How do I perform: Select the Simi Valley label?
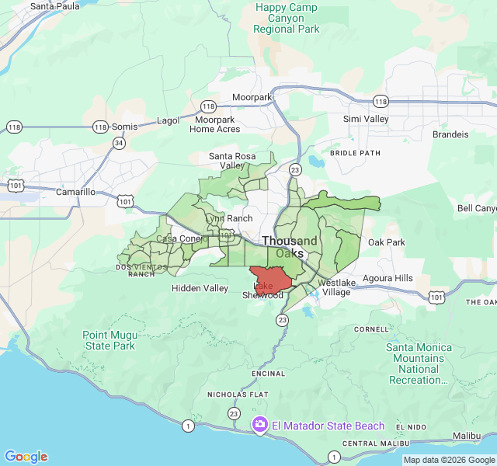tap(366, 119)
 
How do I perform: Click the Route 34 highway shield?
tap(118, 143)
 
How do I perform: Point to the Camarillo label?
tap(75, 192)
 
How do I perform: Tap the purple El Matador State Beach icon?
tap(260, 425)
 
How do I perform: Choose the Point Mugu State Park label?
tap(109, 340)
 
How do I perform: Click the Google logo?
tap(26, 457)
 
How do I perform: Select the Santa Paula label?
tap(54, 6)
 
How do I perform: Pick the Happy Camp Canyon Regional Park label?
tap(287, 18)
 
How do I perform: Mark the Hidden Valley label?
tap(200, 288)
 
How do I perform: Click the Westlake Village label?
tap(336, 287)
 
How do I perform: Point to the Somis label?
tap(124, 127)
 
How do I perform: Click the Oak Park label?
tap(386, 242)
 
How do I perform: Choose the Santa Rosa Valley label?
tap(232, 161)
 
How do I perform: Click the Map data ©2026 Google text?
tap(448, 460)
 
